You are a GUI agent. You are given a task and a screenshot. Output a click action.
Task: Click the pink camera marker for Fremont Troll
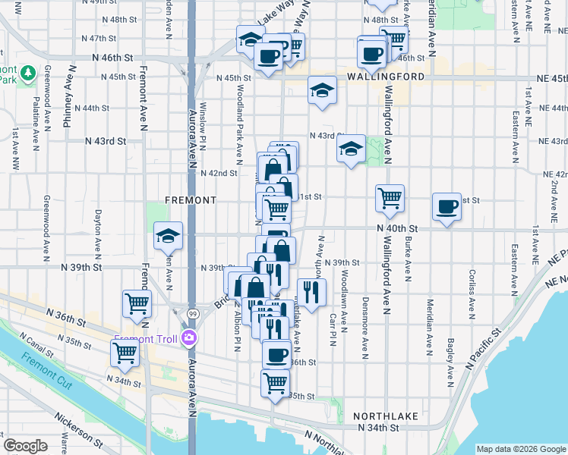coord(188,338)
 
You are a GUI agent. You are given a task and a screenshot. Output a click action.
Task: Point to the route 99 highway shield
coord(193,312)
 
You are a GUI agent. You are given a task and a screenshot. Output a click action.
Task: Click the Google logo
coord(26,446)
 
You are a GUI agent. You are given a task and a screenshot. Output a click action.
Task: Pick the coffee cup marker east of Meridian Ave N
coord(447,206)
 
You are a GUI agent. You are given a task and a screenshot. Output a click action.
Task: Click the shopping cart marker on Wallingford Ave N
coord(390,199)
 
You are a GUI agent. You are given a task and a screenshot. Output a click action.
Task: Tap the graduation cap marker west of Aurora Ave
coord(168,235)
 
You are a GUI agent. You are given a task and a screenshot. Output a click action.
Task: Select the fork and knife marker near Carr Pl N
coord(311,291)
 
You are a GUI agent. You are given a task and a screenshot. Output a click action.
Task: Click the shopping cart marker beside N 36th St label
coord(137,303)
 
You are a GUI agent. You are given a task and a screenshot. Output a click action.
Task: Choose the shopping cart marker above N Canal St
coord(125,353)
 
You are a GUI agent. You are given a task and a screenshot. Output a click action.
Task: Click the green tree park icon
coord(29,73)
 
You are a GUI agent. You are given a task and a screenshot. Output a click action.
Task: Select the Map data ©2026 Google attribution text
coord(520,449)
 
